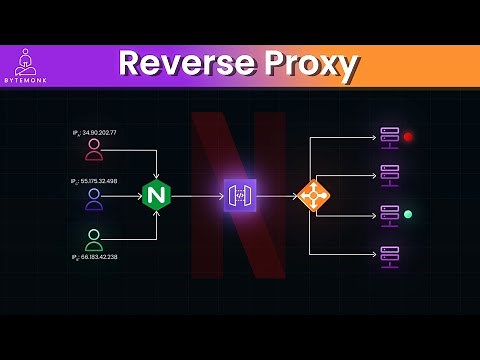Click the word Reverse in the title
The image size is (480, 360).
click(178, 64)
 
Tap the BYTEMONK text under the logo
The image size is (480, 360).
click(26, 80)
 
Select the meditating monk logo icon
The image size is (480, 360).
click(26, 61)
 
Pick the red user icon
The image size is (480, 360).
click(94, 150)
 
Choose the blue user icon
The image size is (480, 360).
click(94, 199)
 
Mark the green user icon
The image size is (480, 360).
click(94, 240)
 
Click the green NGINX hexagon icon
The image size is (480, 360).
click(156, 195)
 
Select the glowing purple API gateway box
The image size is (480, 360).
click(240, 195)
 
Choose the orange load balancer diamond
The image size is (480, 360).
click(313, 195)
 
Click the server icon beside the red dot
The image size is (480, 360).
click(390, 136)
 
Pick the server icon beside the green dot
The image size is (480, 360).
click(390, 215)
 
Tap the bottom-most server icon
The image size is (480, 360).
click(390, 255)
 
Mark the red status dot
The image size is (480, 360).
click(408, 136)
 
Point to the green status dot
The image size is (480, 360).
click(408, 214)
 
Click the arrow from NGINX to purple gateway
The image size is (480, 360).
click(197, 196)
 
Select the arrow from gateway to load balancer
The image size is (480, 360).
click(277, 196)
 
